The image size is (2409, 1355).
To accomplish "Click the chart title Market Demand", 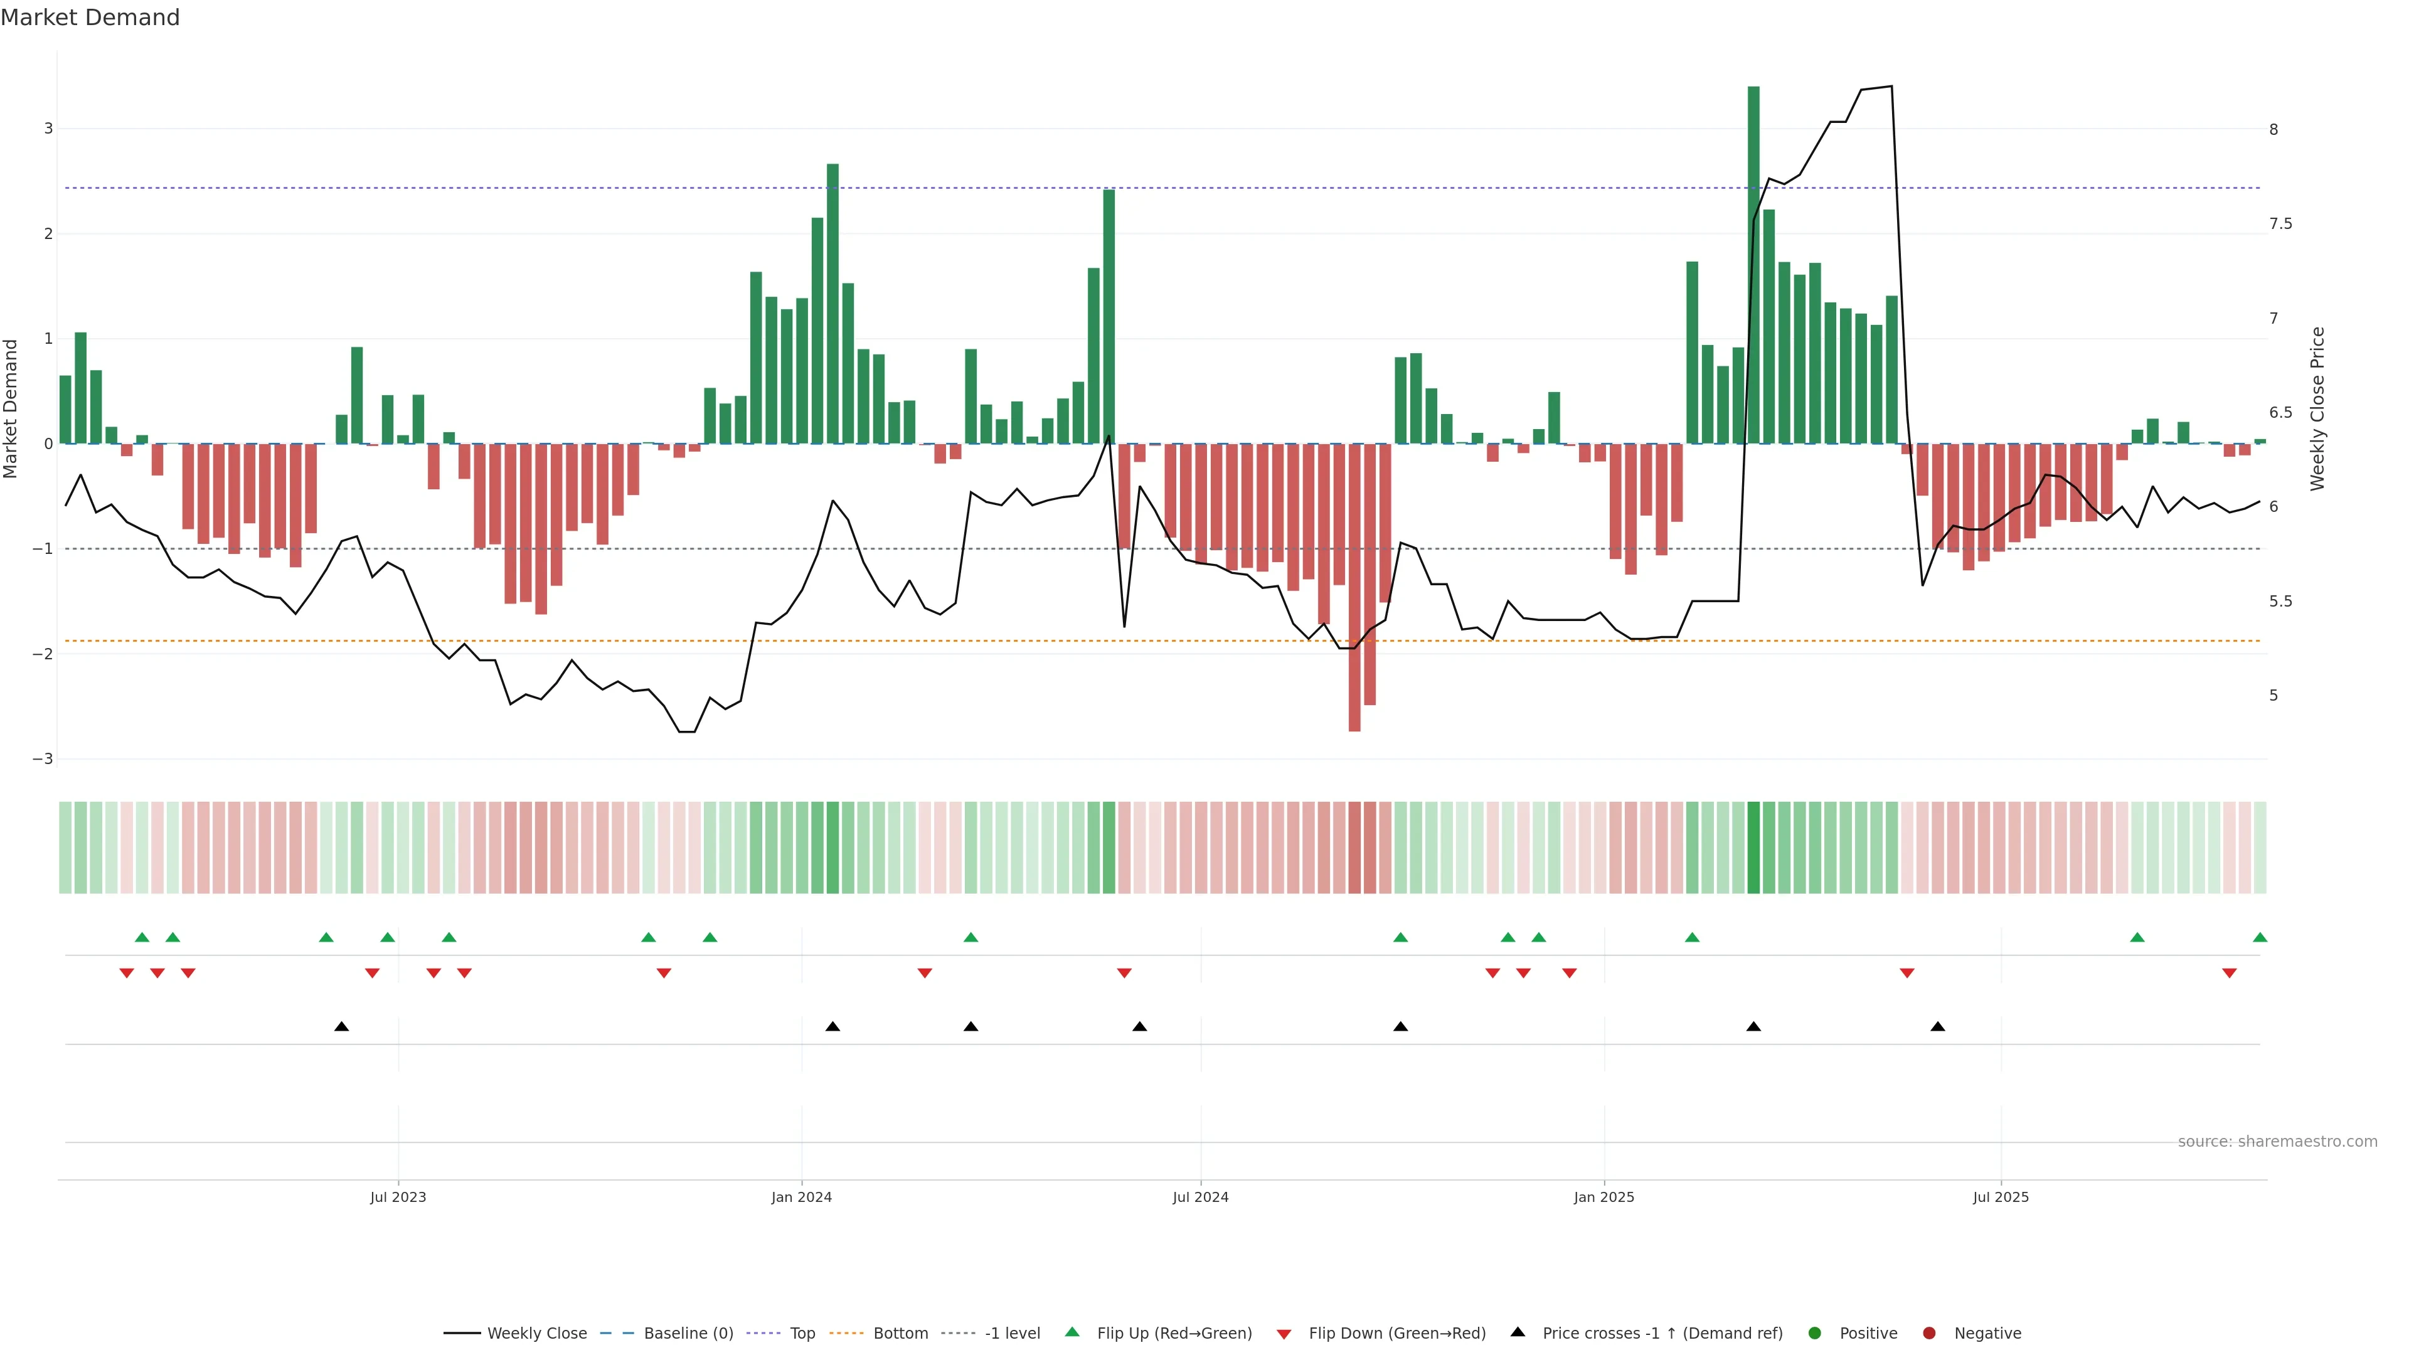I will point(90,18).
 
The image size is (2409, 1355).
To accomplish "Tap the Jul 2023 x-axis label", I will point(398,1197).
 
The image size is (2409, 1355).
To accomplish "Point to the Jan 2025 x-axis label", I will point(1604,1197).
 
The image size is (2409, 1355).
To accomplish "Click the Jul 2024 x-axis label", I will point(1201,1197).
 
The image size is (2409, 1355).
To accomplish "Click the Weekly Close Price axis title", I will point(2317,408).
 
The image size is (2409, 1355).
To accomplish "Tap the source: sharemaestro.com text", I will point(2277,1142).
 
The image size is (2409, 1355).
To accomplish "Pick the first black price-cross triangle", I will point(341,1027).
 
